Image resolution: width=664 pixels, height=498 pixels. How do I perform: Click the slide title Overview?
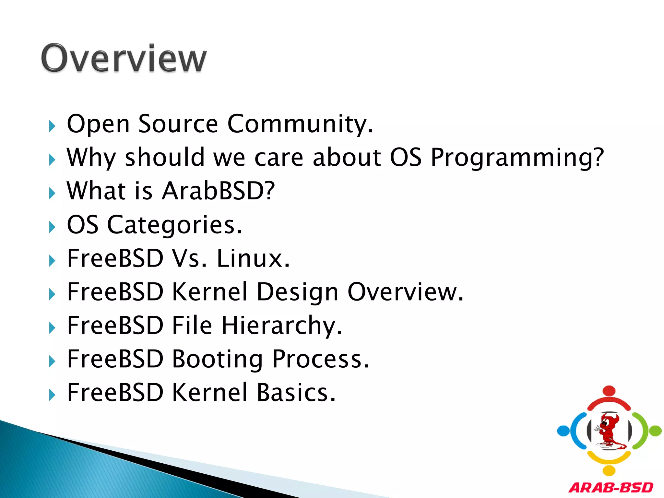pos(124,58)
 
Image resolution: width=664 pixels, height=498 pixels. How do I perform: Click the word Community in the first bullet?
pos(300,124)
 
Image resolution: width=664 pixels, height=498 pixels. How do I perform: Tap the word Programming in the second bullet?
pos(517,158)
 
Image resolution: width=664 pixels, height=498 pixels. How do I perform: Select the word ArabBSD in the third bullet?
pos(218,191)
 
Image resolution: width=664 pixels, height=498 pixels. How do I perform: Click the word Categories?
pos(174,225)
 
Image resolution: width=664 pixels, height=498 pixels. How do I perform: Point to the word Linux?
pos(253,258)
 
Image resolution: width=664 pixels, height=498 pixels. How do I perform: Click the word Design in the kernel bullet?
pos(297,292)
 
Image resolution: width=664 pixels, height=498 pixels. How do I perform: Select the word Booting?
pos(217,359)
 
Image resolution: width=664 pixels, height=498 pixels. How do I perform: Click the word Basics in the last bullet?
pos(296,393)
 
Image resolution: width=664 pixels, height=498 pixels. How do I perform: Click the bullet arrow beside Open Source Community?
pos(52,126)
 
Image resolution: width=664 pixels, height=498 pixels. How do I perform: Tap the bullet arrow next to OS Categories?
pos(52,227)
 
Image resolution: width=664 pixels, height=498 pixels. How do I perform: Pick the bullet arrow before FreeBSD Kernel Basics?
pos(52,395)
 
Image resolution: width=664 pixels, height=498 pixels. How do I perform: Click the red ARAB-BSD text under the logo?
pos(611,487)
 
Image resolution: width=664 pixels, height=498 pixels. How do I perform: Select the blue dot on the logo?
pos(563,431)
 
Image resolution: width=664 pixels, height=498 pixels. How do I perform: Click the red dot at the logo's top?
pos(609,391)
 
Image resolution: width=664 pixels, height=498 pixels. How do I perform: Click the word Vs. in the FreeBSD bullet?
pos(189,258)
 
